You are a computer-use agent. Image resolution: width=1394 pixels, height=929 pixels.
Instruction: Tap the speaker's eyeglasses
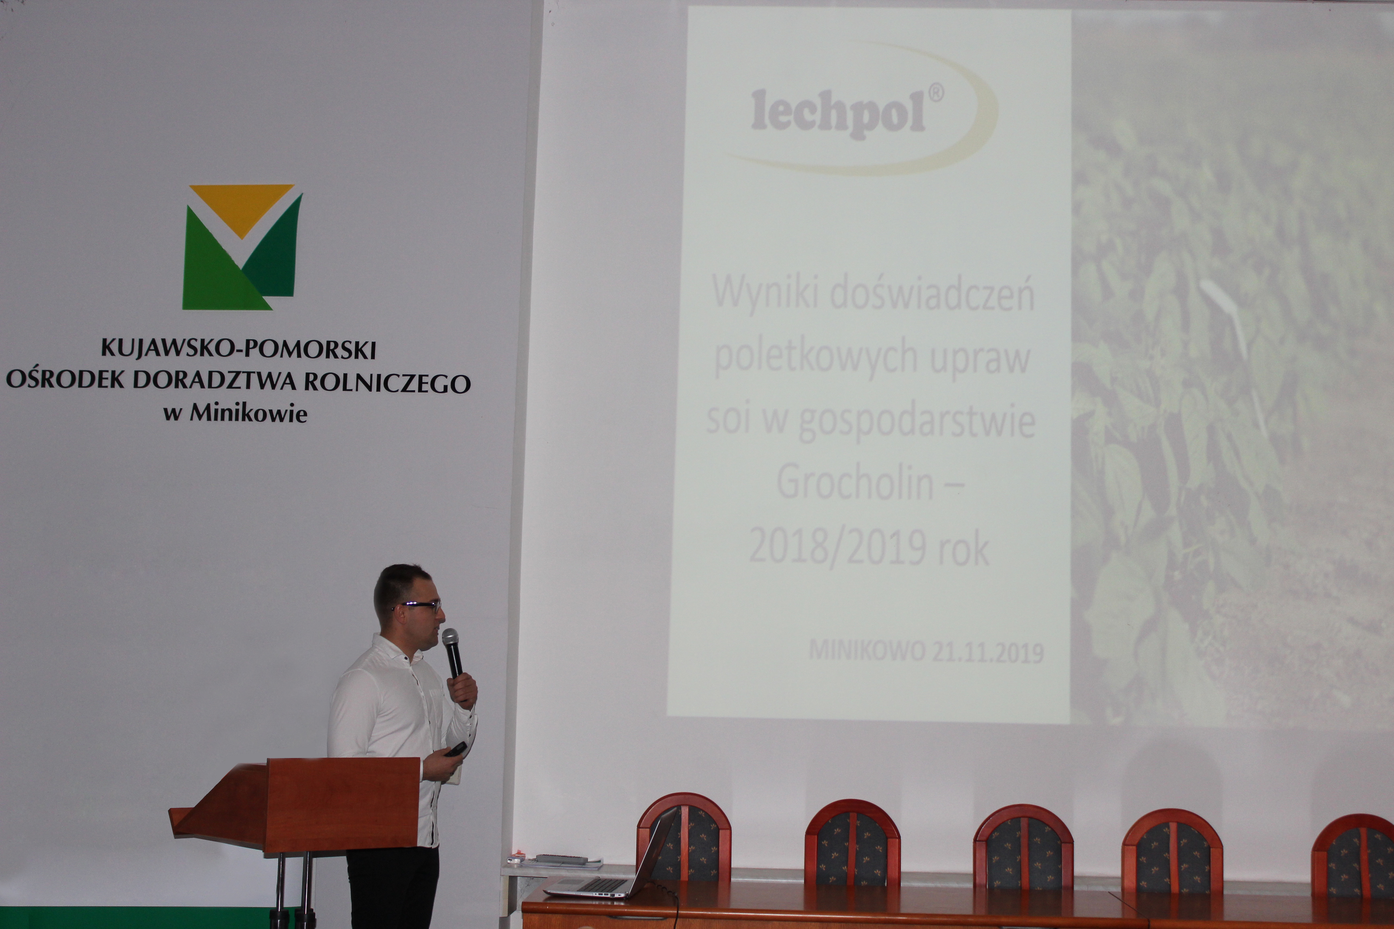[x=418, y=606]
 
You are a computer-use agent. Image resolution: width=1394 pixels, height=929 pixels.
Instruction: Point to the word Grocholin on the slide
[x=855, y=483]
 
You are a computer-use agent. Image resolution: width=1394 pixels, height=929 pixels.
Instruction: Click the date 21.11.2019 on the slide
[x=987, y=653]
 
